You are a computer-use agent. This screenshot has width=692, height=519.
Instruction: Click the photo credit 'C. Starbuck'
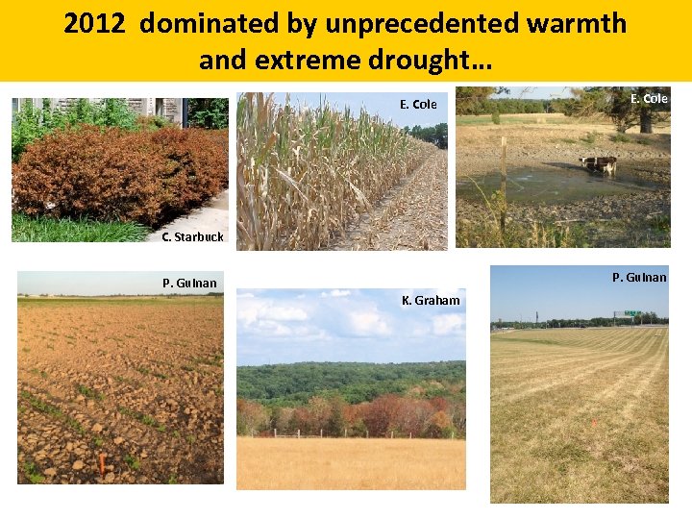coord(192,236)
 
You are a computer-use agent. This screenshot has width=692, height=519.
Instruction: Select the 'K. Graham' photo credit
coord(431,301)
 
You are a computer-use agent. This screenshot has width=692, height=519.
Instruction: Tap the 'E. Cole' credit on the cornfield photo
coord(418,104)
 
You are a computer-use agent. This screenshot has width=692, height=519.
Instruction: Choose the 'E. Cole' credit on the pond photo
coord(649,98)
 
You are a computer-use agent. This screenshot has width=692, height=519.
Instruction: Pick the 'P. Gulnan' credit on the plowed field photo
coord(189,283)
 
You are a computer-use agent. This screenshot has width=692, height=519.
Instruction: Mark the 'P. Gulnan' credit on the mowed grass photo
coord(639,278)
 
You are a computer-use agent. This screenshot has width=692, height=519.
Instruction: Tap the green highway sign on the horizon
coord(632,313)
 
